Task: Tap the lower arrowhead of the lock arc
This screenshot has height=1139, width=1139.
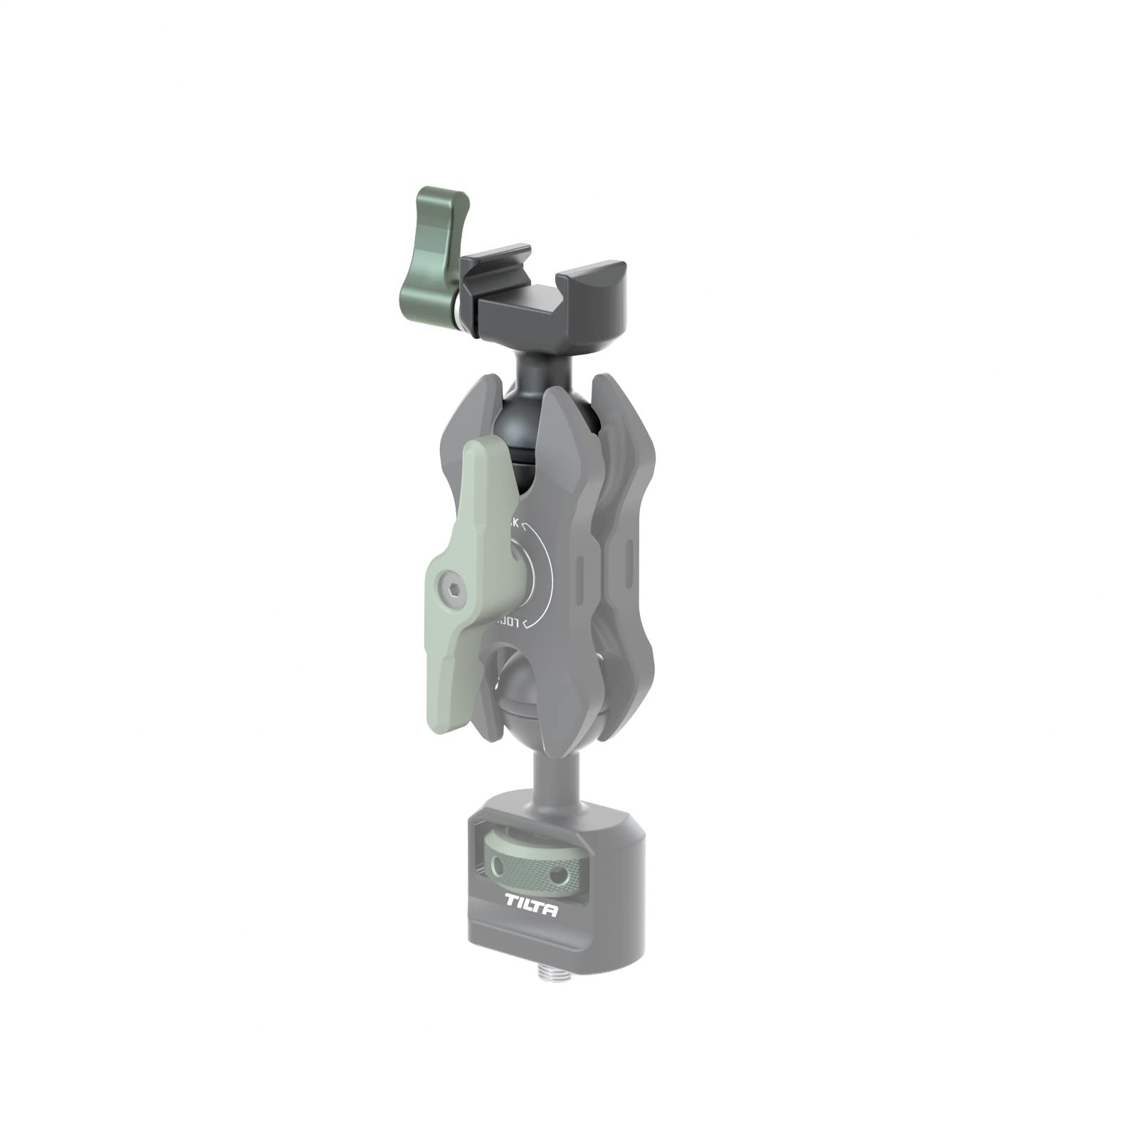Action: (x=525, y=624)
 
